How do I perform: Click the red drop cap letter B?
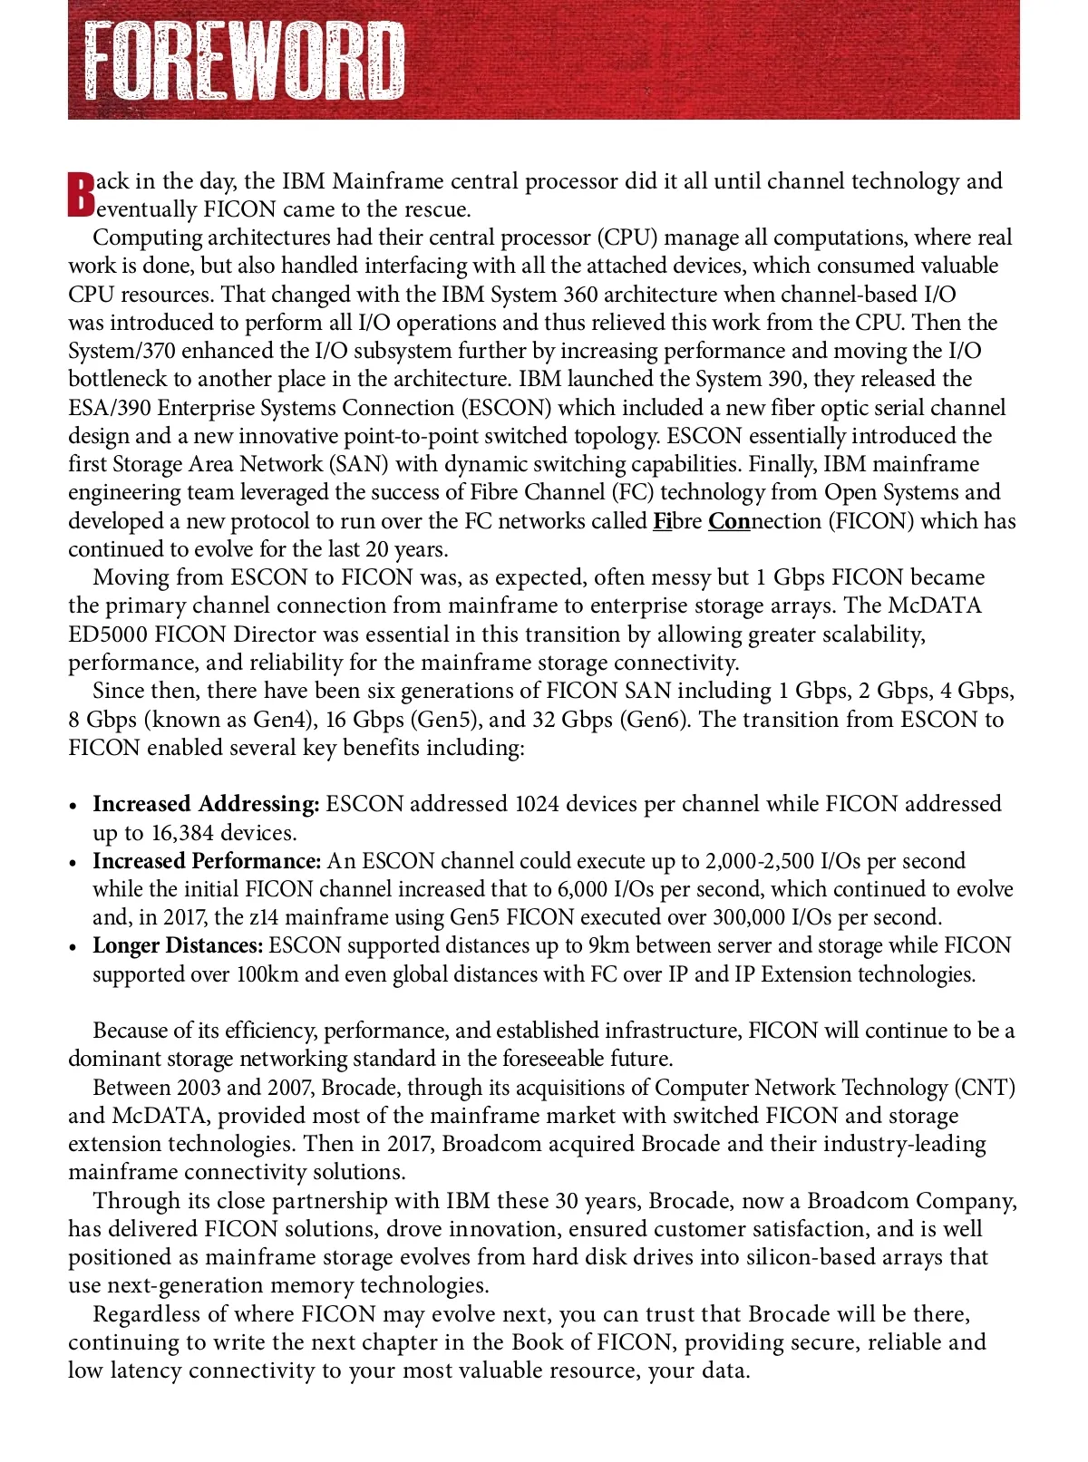82,194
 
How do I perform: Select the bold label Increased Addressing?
206,804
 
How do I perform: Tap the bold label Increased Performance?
207,860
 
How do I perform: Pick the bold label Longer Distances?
178,945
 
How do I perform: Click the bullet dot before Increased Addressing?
74,806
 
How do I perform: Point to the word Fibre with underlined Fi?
676,521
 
